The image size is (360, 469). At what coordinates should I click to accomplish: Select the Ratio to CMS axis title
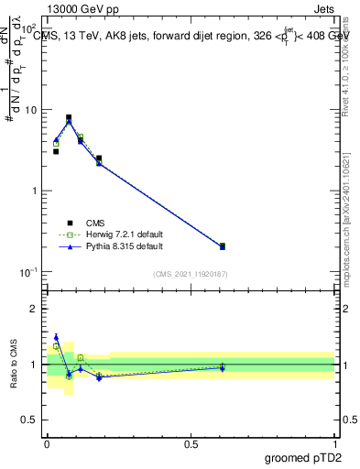point(13,364)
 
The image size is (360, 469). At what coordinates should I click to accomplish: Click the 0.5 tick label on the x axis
point(191,442)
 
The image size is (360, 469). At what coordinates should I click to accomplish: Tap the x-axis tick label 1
point(335,442)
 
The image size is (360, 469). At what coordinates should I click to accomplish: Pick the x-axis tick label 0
point(47,442)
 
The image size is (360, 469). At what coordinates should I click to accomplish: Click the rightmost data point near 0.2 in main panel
point(223,246)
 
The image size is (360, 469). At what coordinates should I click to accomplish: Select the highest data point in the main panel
point(69,117)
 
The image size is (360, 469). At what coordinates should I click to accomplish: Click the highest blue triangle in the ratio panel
point(56,337)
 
